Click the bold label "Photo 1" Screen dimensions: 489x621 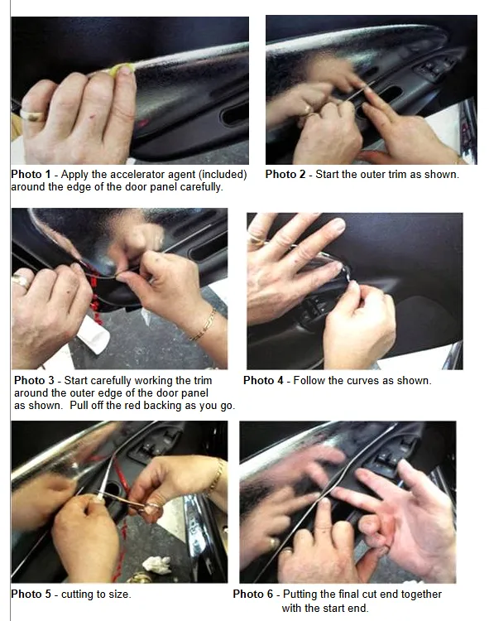[x=31, y=174]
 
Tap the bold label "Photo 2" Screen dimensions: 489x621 [x=285, y=174]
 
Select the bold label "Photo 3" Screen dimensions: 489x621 [x=34, y=381]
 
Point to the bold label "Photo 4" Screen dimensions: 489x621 [x=263, y=381]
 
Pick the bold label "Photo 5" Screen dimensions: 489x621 [x=31, y=594]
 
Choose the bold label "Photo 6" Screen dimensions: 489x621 [x=253, y=594]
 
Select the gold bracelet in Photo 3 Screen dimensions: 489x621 [x=203, y=325]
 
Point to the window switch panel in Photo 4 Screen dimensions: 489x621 [x=314, y=310]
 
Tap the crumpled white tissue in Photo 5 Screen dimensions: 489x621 [x=156, y=564]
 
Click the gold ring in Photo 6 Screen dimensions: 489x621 [x=273, y=542]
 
